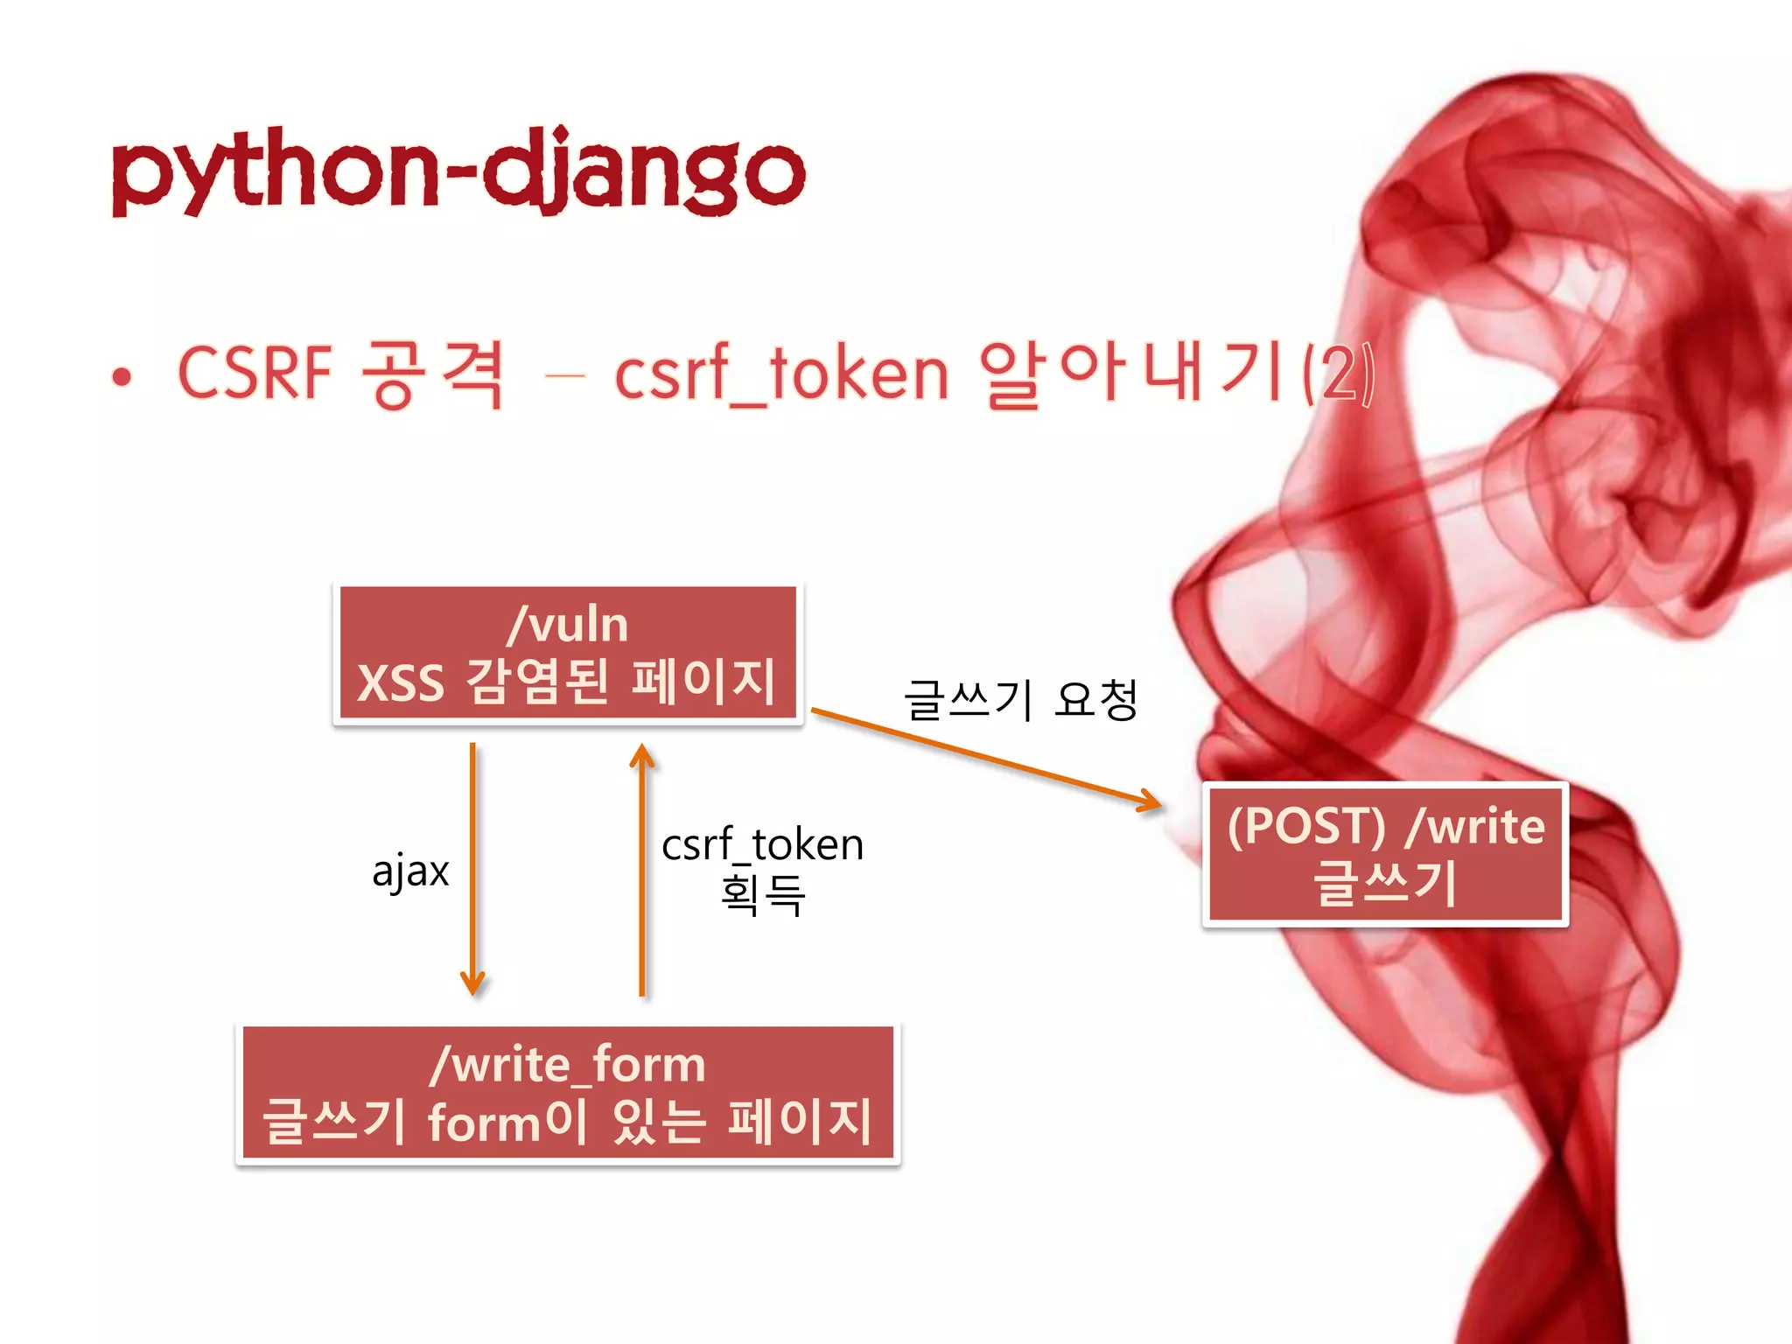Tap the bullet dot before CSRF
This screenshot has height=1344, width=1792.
click(122, 377)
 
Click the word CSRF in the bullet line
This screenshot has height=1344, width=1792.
click(255, 374)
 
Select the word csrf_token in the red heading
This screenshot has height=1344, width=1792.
click(781, 375)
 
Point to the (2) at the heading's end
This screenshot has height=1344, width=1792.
click(1338, 374)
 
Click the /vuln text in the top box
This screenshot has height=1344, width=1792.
click(567, 625)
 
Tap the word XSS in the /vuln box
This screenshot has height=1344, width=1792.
click(401, 683)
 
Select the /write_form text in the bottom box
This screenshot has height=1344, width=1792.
click(567, 1065)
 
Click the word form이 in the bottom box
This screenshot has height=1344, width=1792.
click(507, 1122)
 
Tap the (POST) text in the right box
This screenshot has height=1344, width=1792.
click(1306, 825)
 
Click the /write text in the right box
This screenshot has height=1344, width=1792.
click(1476, 825)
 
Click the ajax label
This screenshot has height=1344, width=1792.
click(410, 871)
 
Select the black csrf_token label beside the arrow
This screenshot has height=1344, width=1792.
click(762, 844)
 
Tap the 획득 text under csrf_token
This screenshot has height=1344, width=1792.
click(762, 895)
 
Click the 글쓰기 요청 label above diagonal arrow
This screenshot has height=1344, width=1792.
click(1020, 700)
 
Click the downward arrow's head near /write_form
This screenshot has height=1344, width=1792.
click(472, 984)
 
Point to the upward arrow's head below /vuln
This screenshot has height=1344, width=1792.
click(642, 755)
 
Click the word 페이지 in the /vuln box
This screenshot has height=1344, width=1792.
click(703, 682)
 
